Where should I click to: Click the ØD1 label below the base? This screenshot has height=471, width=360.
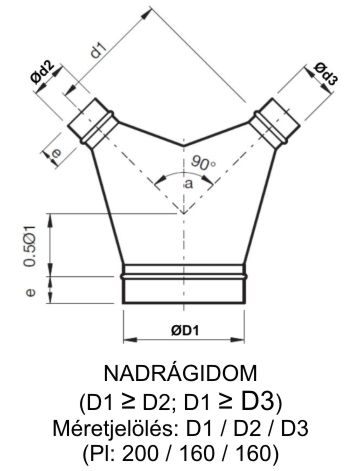point(179,331)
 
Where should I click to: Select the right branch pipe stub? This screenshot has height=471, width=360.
point(271,121)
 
